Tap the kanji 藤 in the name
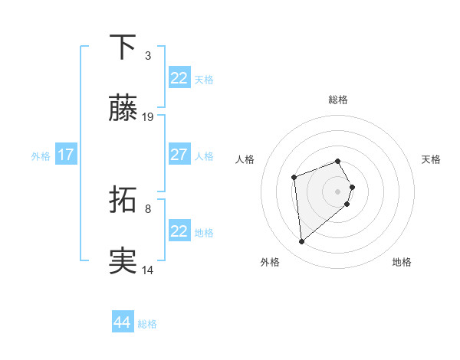coord(123,110)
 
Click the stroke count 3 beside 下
coord(148,55)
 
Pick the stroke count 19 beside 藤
coord(148,117)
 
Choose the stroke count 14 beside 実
coord(148,270)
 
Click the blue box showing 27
coord(179,155)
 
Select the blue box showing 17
coord(66,155)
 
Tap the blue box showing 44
coord(123,322)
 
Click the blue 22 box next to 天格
coord(179,78)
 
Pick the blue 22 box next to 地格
coord(179,231)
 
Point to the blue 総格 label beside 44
coord(147,324)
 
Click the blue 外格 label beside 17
coord(41,155)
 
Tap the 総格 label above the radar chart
coord(338,100)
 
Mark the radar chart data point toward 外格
coord(302,242)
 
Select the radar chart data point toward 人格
coord(294,178)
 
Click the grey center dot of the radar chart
coord(338,191)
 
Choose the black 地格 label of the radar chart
coord(402,262)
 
